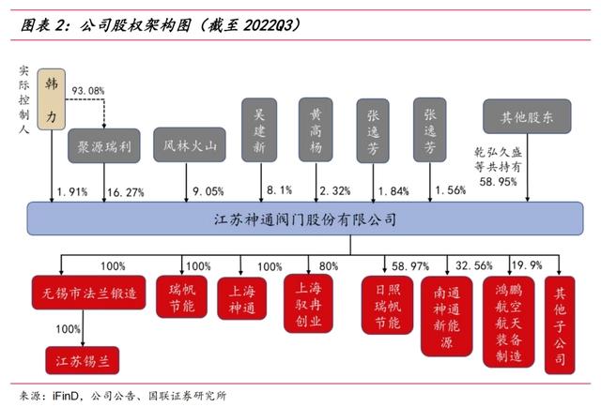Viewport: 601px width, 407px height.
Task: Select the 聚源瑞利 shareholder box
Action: (103, 146)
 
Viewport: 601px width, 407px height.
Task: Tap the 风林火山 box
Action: (190, 146)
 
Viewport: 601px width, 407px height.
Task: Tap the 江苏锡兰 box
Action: (83, 358)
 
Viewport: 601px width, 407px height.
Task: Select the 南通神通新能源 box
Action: (445, 316)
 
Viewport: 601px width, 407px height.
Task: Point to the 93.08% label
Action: (89, 91)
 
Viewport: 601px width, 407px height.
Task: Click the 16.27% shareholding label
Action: (126, 192)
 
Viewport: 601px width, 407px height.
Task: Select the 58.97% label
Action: (410, 266)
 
